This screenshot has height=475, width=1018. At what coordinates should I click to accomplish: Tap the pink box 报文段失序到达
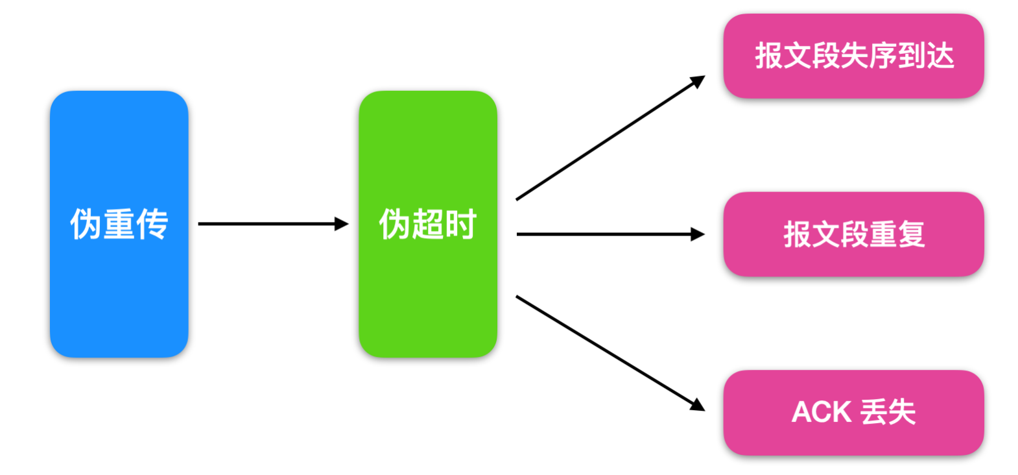click(853, 56)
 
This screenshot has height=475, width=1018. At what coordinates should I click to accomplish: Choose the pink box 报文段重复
click(853, 234)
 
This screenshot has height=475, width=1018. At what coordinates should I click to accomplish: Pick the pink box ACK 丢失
click(853, 412)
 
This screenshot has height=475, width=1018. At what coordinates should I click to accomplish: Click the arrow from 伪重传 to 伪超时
click(272, 224)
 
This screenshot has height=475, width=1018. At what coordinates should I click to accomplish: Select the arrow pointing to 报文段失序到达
click(610, 138)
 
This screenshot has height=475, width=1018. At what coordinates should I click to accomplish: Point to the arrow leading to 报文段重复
click(610, 234)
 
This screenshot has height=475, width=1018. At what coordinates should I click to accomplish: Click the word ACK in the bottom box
click(821, 412)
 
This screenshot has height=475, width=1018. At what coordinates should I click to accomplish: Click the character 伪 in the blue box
click(86, 225)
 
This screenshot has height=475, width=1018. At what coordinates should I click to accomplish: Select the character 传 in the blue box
click(152, 225)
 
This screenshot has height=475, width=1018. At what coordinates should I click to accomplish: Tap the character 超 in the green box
click(427, 225)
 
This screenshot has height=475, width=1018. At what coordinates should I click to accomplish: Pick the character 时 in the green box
click(461, 225)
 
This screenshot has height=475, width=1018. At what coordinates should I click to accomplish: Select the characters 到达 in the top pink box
click(926, 56)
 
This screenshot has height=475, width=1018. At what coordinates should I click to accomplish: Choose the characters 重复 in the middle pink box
click(897, 234)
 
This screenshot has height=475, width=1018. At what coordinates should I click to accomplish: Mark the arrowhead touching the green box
click(342, 224)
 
